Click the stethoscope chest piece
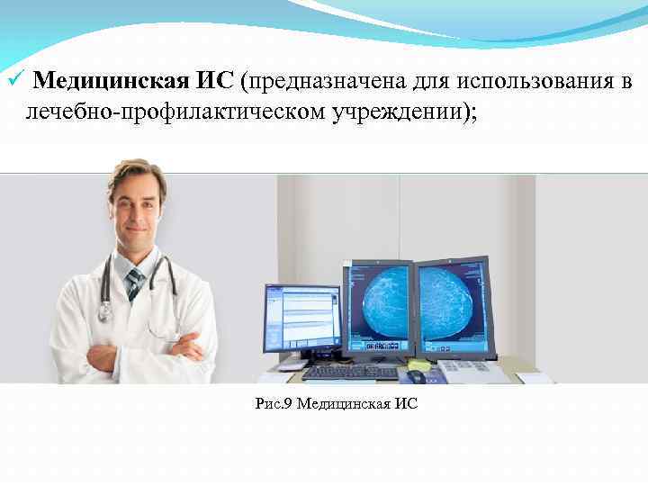tap(104, 312)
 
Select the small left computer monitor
tap(301, 318)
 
